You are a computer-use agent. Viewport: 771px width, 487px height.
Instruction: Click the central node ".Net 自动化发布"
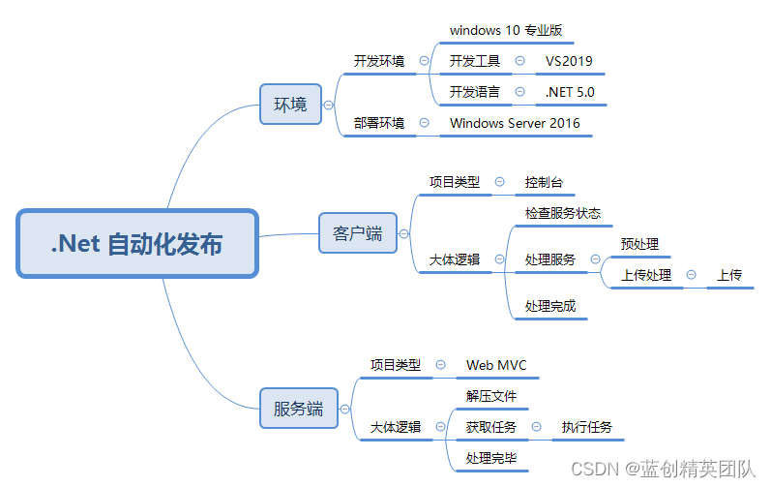tap(137, 243)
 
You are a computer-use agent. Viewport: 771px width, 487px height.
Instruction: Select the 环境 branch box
tap(290, 105)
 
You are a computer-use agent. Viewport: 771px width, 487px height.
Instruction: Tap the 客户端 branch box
tap(357, 233)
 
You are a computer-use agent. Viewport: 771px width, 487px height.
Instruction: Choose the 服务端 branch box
tap(298, 409)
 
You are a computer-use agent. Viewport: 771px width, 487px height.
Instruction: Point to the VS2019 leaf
tap(569, 61)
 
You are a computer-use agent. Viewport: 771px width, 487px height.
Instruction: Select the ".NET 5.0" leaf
tap(570, 92)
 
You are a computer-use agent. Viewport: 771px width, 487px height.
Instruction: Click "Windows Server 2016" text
tap(515, 123)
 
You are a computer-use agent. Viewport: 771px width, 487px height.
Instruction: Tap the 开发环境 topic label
tap(379, 61)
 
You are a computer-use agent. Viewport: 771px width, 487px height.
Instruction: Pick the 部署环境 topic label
tap(379, 123)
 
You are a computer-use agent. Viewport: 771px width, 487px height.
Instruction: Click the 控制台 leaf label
tap(544, 181)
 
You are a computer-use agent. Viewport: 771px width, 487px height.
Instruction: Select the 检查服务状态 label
tap(563, 213)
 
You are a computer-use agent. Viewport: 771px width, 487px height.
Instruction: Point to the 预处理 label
tap(639, 244)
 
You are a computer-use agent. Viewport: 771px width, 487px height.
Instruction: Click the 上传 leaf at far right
tap(729, 275)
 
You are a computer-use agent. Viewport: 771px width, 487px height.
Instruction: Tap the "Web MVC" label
tap(496, 365)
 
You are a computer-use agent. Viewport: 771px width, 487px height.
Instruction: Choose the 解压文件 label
tap(491, 396)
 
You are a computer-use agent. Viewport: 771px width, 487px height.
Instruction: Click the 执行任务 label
tap(586, 427)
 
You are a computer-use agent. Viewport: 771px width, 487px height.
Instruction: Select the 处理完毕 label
tap(491, 458)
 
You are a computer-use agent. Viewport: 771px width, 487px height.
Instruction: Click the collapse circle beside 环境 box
tap(329, 105)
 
